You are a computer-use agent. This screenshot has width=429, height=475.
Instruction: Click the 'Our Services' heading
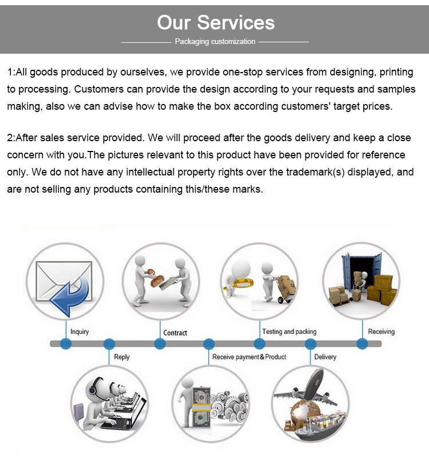click(216, 22)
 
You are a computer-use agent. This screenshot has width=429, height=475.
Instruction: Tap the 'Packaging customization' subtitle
click(215, 42)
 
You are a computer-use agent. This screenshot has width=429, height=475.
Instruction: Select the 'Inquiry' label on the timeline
click(80, 332)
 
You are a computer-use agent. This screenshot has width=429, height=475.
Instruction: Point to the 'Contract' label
click(175, 333)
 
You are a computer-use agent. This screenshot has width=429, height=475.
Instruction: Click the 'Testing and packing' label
click(289, 332)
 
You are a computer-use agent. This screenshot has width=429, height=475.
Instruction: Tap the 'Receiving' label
click(381, 332)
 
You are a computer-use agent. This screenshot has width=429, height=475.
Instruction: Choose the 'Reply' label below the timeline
click(122, 357)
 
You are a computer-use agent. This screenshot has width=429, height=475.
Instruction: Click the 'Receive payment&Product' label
click(249, 357)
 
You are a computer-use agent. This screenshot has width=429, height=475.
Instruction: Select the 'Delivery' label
click(325, 357)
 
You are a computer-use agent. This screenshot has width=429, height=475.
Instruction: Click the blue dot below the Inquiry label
click(66, 344)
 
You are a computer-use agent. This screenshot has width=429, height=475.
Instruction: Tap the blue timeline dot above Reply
click(109, 344)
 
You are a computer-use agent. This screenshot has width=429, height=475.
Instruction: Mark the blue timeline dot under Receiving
click(362, 344)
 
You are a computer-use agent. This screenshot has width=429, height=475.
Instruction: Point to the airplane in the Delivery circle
click(306, 391)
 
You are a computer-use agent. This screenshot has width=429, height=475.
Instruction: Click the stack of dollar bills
click(201, 407)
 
